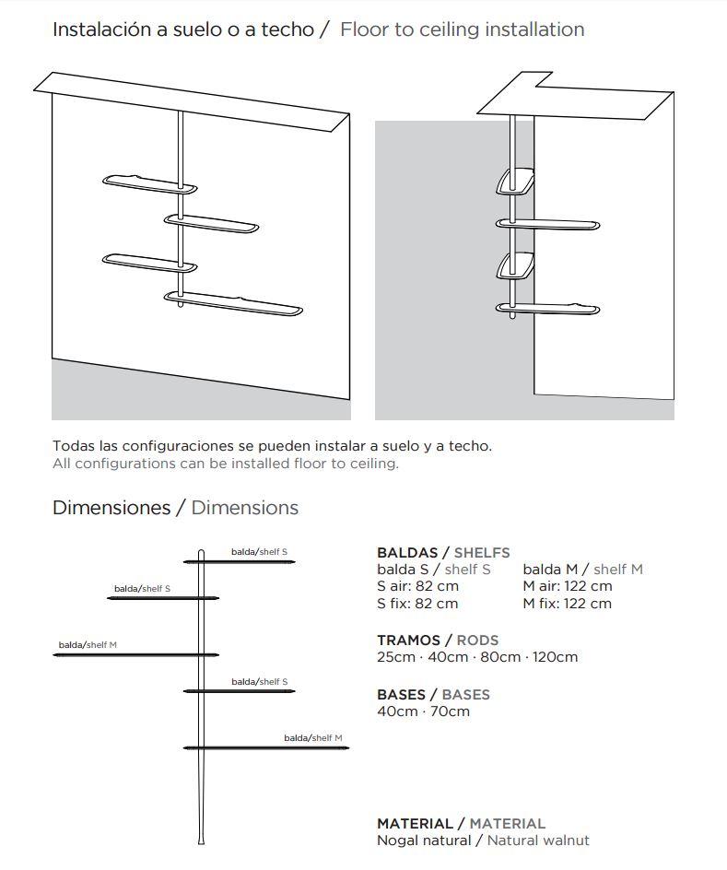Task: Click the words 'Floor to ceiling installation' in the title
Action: [x=462, y=29]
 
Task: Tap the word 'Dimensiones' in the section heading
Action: [x=111, y=508]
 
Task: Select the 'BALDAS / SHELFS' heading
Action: [x=443, y=553]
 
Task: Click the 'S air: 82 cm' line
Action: [x=417, y=586]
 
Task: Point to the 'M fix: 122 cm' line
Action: [x=567, y=604]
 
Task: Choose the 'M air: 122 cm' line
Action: [x=567, y=586]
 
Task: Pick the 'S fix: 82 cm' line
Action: [x=417, y=604]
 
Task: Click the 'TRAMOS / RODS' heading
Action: [x=438, y=640]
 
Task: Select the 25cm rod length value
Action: [x=396, y=657]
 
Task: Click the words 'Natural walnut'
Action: [x=538, y=841]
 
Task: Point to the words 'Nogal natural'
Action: [x=424, y=841]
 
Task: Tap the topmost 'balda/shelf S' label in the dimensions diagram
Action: [x=259, y=552]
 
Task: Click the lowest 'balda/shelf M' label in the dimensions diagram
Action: [x=312, y=738]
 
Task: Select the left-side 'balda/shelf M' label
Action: [x=88, y=645]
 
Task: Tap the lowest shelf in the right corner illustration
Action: [x=547, y=308]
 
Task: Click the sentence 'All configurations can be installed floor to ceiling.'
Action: [x=226, y=464]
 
